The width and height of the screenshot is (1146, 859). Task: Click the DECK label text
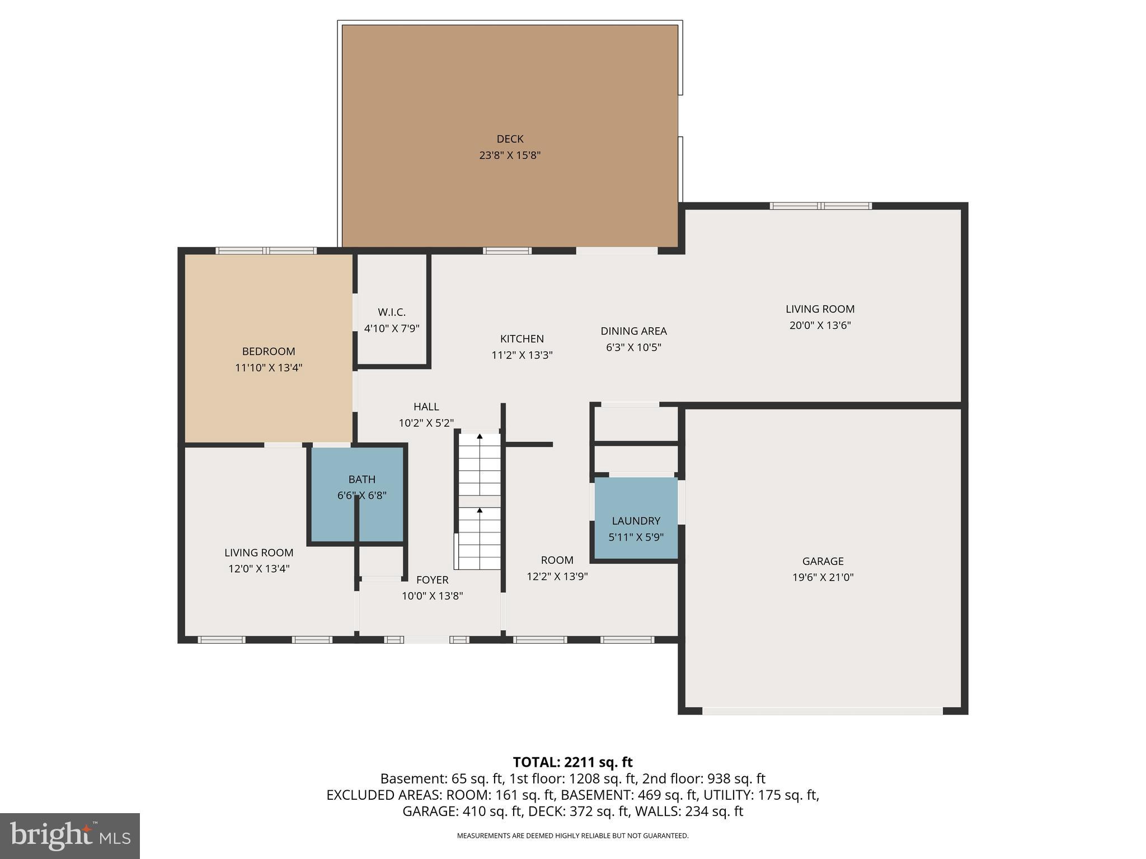pyautogui.click(x=510, y=139)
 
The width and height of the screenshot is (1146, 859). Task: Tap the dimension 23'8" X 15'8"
pyautogui.click(x=510, y=155)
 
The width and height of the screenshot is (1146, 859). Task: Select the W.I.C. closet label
pyautogui.click(x=392, y=312)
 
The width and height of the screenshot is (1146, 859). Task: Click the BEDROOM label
pyautogui.click(x=269, y=351)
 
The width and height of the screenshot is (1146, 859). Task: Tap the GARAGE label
pyautogui.click(x=823, y=561)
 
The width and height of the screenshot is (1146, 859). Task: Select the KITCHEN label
pyautogui.click(x=522, y=338)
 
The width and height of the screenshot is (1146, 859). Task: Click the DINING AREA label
pyautogui.click(x=633, y=331)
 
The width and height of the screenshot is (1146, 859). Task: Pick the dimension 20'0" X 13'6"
pyautogui.click(x=820, y=325)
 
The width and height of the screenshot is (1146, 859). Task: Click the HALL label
pyautogui.click(x=426, y=407)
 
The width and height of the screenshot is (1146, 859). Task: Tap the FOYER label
pyautogui.click(x=432, y=580)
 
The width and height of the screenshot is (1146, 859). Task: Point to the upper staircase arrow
pyautogui.click(x=480, y=436)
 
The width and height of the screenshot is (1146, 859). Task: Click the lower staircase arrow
pyautogui.click(x=480, y=510)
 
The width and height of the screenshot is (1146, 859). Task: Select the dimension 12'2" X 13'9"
pyautogui.click(x=557, y=577)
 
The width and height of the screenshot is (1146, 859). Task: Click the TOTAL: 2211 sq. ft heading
pyautogui.click(x=572, y=762)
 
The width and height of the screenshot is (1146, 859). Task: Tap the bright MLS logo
pyautogui.click(x=70, y=836)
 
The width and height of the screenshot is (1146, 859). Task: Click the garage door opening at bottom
pyautogui.click(x=823, y=711)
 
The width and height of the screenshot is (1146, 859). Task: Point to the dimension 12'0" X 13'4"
pyautogui.click(x=259, y=569)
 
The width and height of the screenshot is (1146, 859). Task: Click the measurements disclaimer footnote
pyautogui.click(x=572, y=836)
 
